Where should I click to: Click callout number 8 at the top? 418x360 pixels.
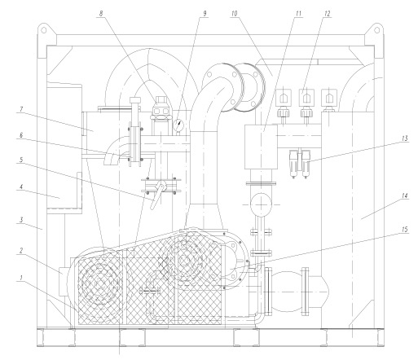101,14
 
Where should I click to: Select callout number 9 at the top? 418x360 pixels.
205,13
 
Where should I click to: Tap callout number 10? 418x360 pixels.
234,14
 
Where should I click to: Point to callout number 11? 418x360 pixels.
298,14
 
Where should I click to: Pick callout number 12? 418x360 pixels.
328,14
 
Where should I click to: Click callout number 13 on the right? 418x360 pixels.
404,138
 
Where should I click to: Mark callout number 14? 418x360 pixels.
405,195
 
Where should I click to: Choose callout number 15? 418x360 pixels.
404,230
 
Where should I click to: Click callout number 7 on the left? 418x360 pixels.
20,109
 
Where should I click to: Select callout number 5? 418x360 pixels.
20,160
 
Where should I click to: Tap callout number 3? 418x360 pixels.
21,219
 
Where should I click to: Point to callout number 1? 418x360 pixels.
20,278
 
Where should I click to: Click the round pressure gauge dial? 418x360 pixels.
178,125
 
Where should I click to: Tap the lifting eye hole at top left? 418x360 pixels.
44,29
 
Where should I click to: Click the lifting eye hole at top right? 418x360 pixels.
377,29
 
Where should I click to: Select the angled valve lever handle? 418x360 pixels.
157,195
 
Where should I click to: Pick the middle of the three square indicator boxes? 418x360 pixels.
306,97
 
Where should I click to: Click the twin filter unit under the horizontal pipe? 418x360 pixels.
300,164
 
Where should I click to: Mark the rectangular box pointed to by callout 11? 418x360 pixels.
261,147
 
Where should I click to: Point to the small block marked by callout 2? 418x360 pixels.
63,282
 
